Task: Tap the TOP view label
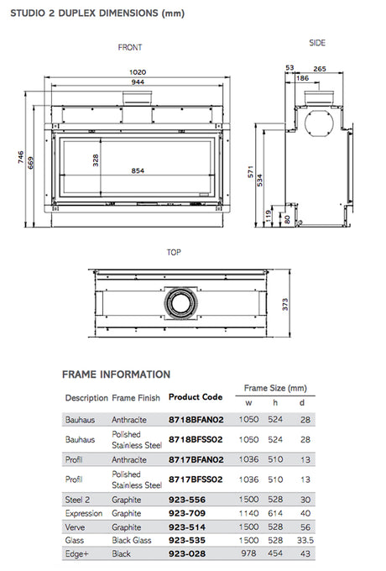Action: click(174, 250)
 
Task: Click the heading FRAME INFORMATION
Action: click(116, 374)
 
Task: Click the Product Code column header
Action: click(196, 396)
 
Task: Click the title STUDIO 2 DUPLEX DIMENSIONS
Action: click(98, 13)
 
